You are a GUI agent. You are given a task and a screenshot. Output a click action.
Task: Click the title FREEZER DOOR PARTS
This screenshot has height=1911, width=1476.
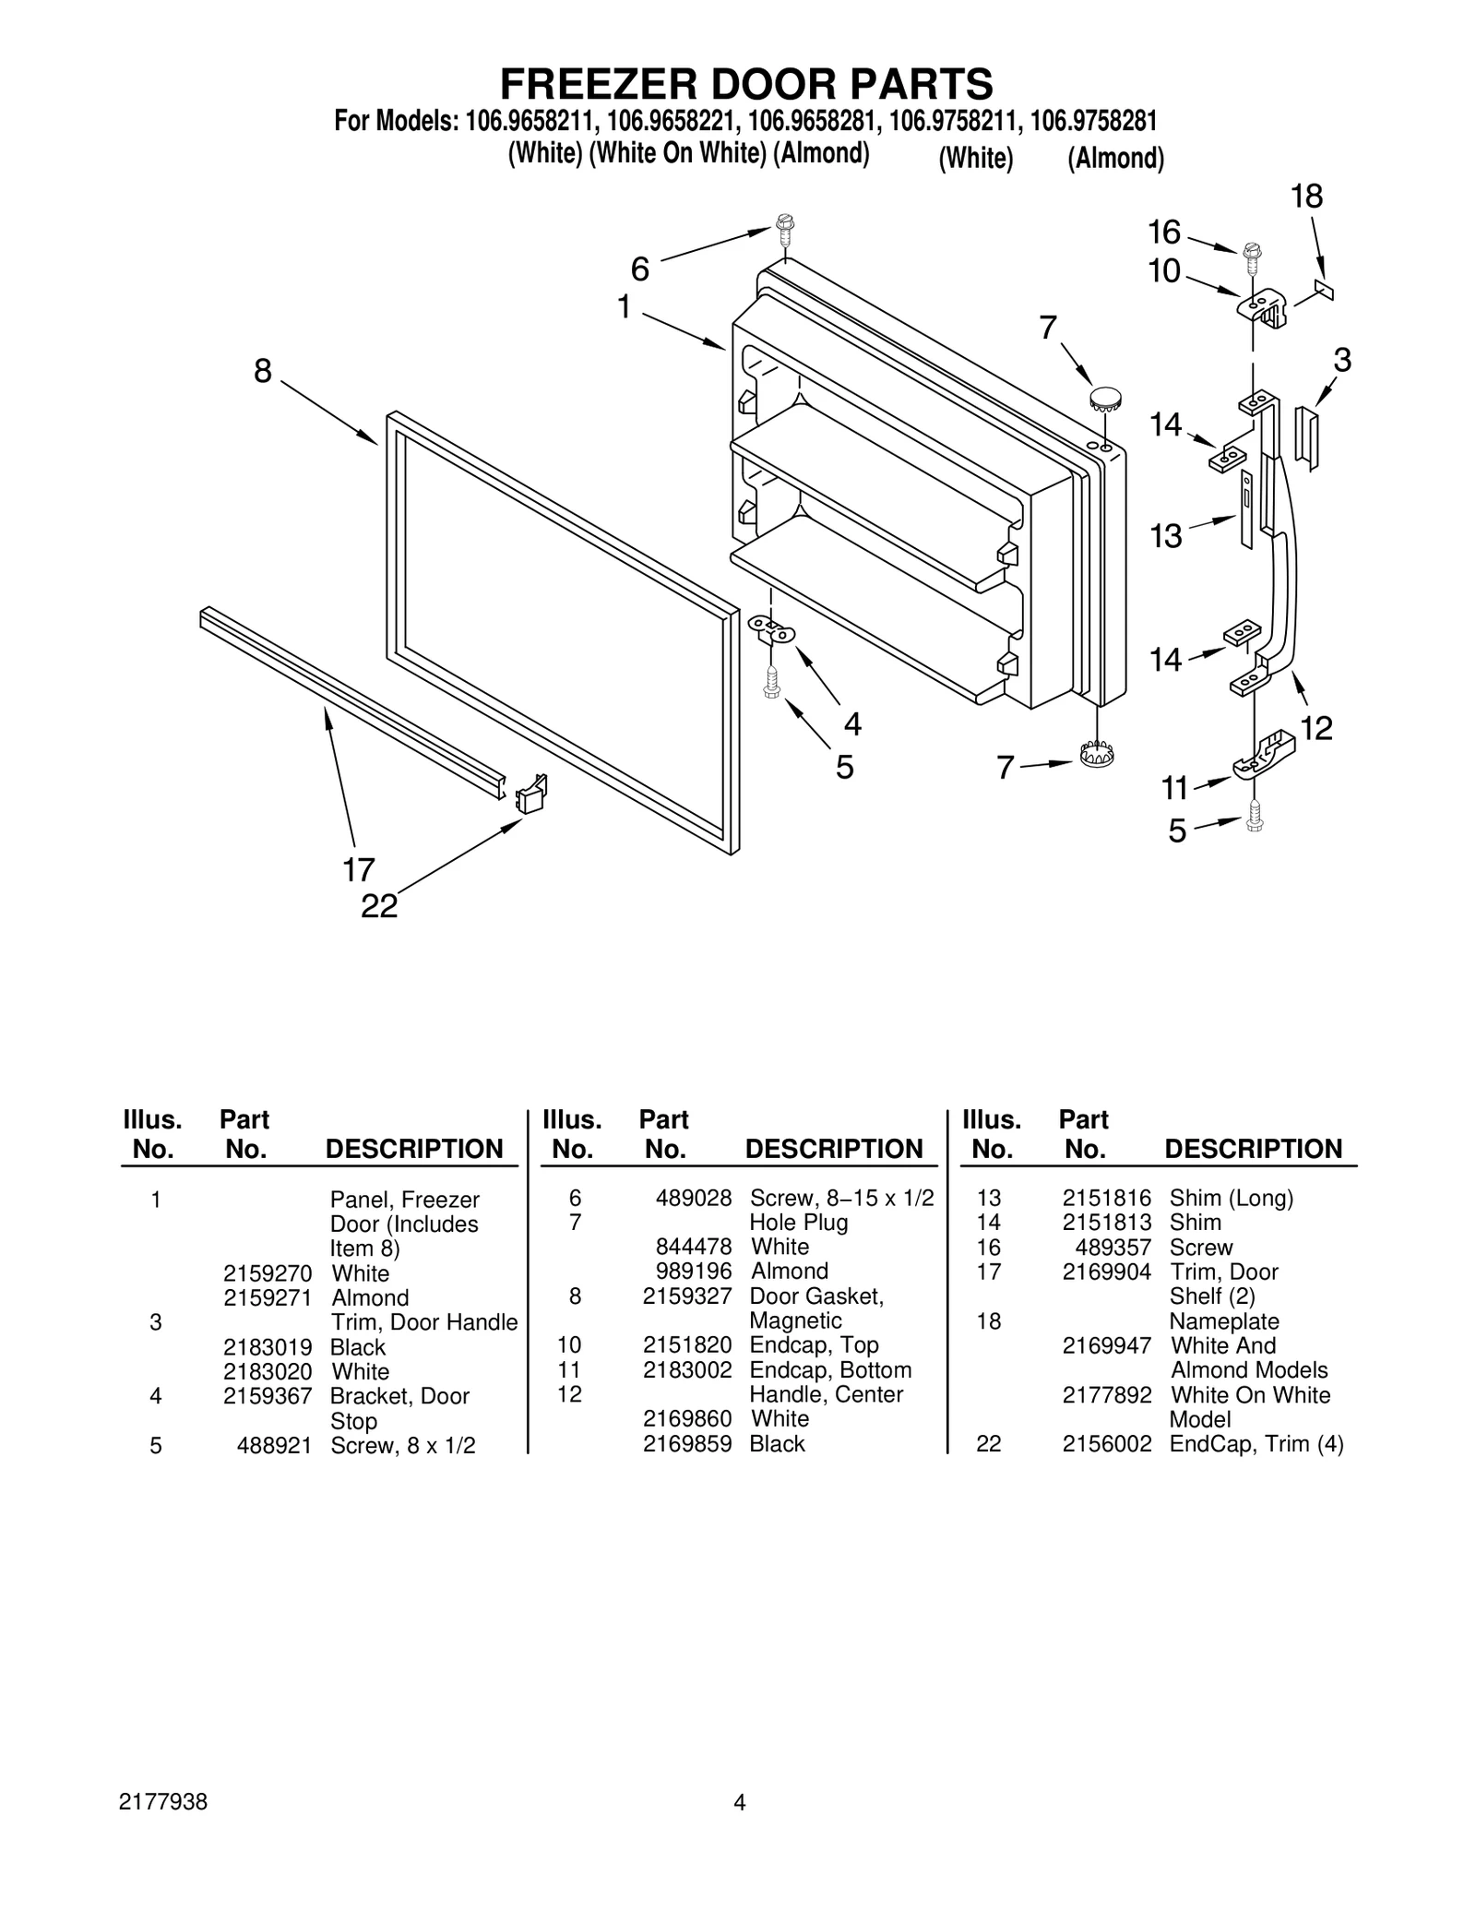coord(746,84)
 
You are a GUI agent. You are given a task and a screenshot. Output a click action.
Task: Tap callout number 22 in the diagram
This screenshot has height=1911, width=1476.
coord(379,906)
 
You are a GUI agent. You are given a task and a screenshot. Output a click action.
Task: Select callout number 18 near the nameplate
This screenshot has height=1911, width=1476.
coord(1306,197)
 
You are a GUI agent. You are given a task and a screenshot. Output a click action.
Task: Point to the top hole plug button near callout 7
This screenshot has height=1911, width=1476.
coord(1104,399)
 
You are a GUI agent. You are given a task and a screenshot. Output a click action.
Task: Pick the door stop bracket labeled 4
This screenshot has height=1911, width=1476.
coord(770,629)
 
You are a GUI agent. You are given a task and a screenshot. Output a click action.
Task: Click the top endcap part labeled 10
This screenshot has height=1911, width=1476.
coord(1263,306)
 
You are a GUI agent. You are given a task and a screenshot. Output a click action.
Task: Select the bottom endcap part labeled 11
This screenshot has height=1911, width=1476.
coord(1264,754)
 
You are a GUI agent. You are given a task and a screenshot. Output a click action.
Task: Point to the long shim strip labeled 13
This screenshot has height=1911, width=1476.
coord(1246,508)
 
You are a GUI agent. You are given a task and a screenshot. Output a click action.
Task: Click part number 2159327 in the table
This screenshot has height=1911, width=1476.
coord(686,1296)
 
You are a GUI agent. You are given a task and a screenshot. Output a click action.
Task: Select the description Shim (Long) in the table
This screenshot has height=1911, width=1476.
coord(1231,1198)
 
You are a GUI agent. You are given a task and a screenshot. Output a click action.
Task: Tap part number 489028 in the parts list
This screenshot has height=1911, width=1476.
coord(693,1198)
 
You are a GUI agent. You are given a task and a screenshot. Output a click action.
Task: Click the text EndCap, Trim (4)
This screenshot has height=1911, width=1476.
coord(1256,1443)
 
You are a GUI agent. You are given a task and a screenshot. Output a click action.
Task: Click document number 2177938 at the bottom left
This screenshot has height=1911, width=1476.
coord(163,1802)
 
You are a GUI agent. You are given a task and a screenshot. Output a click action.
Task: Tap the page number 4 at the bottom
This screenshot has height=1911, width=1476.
coord(739,1802)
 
